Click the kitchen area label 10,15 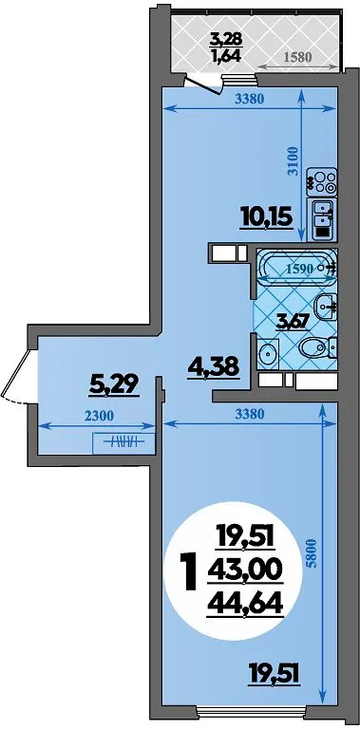tap(267, 217)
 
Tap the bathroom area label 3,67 tap(293, 322)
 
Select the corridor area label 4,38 tap(214, 368)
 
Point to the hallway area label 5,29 tap(114, 384)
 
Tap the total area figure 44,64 tap(245, 605)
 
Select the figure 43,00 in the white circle tap(245, 570)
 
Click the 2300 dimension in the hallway tap(99, 416)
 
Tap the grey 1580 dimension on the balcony tap(296, 57)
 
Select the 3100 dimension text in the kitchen tap(293, 161)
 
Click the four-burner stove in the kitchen tap(321, 182)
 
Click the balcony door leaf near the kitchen tap(202, 84)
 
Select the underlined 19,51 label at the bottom tap(273, 672)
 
